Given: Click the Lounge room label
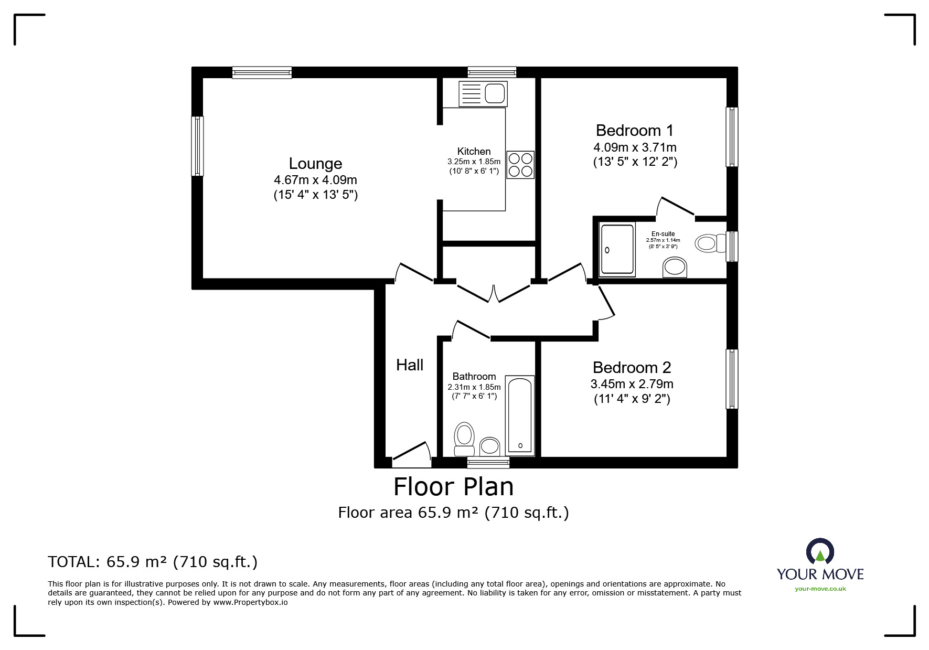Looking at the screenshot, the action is click(315, 164).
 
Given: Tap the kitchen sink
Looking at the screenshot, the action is click(483, 94).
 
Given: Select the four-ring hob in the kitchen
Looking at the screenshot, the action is click(520, 164).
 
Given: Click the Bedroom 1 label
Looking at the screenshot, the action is click(635, 130).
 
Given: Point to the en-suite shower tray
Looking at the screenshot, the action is click(617, 250).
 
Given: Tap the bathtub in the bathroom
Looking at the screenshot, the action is click(520, 415).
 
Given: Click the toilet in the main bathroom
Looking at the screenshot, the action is click(464, 439).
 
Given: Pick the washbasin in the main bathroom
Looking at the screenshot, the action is click(490, 446).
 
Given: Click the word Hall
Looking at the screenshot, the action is click(410, 365).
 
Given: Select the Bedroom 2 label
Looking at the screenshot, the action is click(632, 367).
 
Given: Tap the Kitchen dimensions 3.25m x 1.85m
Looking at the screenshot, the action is click(474, 162).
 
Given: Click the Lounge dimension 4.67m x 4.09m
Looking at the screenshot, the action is click(315, 180).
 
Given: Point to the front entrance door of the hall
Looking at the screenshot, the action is click(411, 454).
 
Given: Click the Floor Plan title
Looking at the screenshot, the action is click(454, 486).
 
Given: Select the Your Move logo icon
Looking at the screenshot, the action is click(820, 552).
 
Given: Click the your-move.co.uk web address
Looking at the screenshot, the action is click(820, 589).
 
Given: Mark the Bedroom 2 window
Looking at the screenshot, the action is click(732, 379).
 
